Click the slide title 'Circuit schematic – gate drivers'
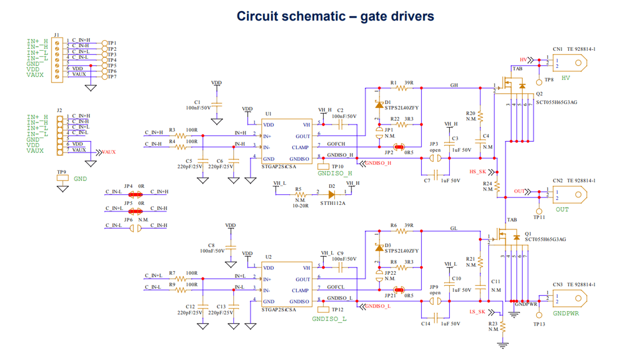coord(335,16)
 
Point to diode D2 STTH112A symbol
coord(332,194)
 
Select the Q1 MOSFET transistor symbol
coord(505,237)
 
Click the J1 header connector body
coord(57,58)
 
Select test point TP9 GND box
coord(62,179)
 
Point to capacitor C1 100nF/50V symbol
coord(216,104)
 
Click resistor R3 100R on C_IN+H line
coord(182,136)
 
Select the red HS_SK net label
coord(478,172)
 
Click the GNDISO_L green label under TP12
coord(329,319)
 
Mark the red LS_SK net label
coord(478,312)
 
